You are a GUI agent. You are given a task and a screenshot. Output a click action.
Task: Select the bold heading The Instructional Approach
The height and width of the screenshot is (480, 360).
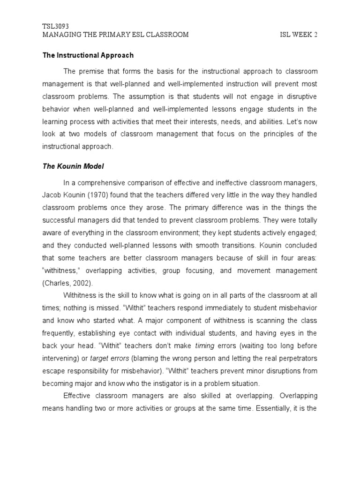tap(88, 55)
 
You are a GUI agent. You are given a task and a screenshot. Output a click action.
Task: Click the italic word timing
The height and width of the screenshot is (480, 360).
tap(204, 345)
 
